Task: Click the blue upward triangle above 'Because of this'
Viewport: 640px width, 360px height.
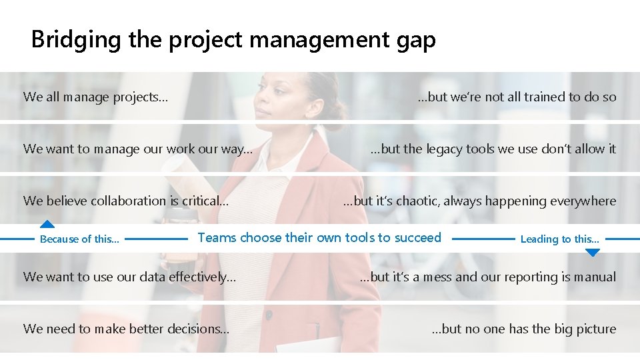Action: pyautogui.click(x=46, y=225)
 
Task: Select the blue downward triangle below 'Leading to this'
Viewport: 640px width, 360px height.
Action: pyautogui.click(x=592, y=252)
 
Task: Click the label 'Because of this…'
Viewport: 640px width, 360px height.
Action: pyautogui.click(x=80, y=239)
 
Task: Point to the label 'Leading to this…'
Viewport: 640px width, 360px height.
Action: pyautogui.click(x=559, y=239)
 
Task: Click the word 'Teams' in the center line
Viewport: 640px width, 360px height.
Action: pyautogui.click(x=217, y=237)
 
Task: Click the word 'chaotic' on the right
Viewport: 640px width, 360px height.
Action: pyautogui.click(x=418, y=201)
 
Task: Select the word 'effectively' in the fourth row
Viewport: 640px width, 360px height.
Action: pyautogui.click(x=203, y=277)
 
